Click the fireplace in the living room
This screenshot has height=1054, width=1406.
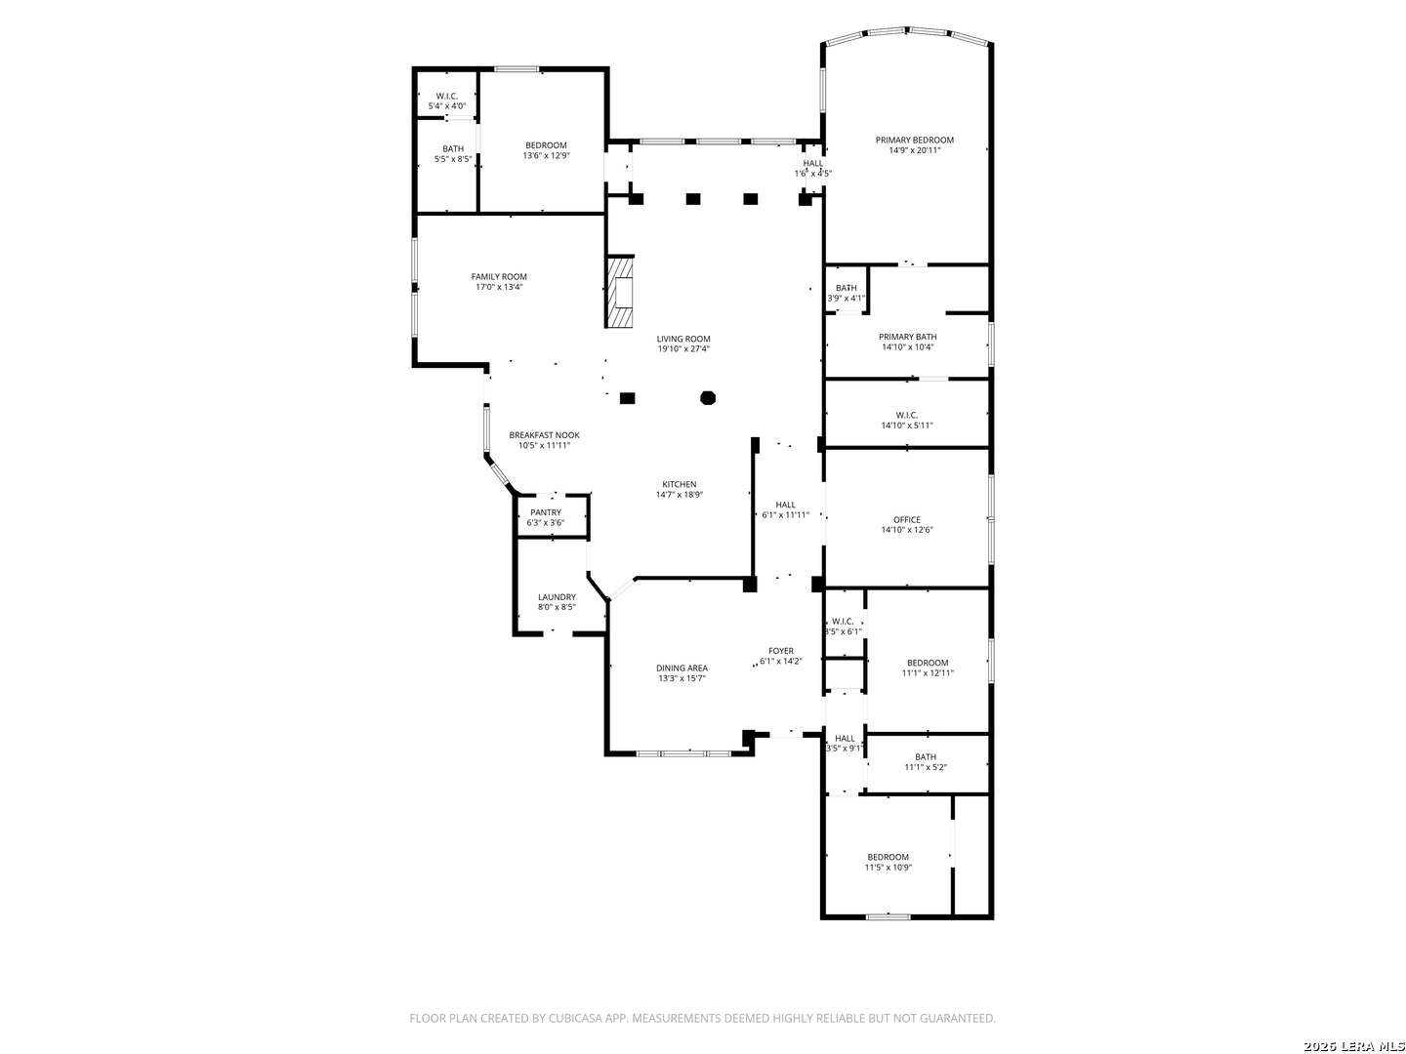620,291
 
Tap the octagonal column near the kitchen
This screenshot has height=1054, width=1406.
707,398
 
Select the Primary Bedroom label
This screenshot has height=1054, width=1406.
914,141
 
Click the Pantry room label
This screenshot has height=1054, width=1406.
545,512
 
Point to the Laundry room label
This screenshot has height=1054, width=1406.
557,597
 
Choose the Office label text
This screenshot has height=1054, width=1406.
906,519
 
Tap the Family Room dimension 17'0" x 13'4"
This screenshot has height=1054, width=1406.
499,287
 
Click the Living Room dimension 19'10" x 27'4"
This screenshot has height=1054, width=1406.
683,349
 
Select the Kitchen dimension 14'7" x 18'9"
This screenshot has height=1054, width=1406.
679,495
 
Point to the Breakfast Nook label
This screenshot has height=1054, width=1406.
544,435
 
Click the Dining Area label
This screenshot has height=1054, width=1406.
682,669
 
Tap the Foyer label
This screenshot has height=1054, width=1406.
781,651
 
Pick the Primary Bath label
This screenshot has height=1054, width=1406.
907,337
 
